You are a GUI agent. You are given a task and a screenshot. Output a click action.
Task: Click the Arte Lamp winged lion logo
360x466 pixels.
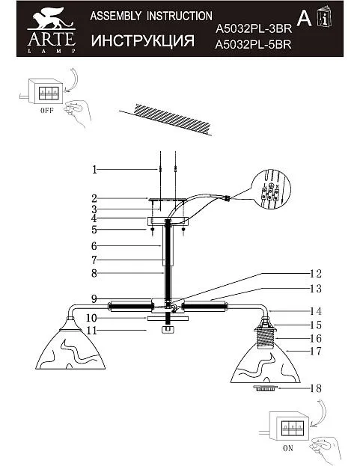pyautogui.click(x=51, y=30)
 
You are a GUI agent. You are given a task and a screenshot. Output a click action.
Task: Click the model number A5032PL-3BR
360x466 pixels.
pyautogui.click(x=254, y=29)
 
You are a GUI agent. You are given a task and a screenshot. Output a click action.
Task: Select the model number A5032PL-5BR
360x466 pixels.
pyautogui.click(x=253, y=45)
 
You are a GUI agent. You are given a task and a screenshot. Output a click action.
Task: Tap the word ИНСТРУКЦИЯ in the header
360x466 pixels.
pyautogui.click(x=143, y=40)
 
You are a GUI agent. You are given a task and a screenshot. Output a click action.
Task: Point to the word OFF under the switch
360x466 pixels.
pyautogui.click(x=47, y=111)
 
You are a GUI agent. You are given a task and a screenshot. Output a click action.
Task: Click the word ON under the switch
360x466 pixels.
pyautogui.click(x=287, y=448)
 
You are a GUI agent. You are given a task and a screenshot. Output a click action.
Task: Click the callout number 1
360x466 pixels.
pyautogui.click(x=94, y=170)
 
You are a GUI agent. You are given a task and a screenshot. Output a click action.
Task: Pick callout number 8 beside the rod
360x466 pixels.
pyautogui.click(x=94, y=273)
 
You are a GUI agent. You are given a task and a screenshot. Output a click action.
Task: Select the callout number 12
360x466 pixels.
pyautogui.click(x=315, y=274)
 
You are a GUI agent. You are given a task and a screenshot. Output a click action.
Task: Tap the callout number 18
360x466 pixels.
pyautogui.click(x=316, y=388)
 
